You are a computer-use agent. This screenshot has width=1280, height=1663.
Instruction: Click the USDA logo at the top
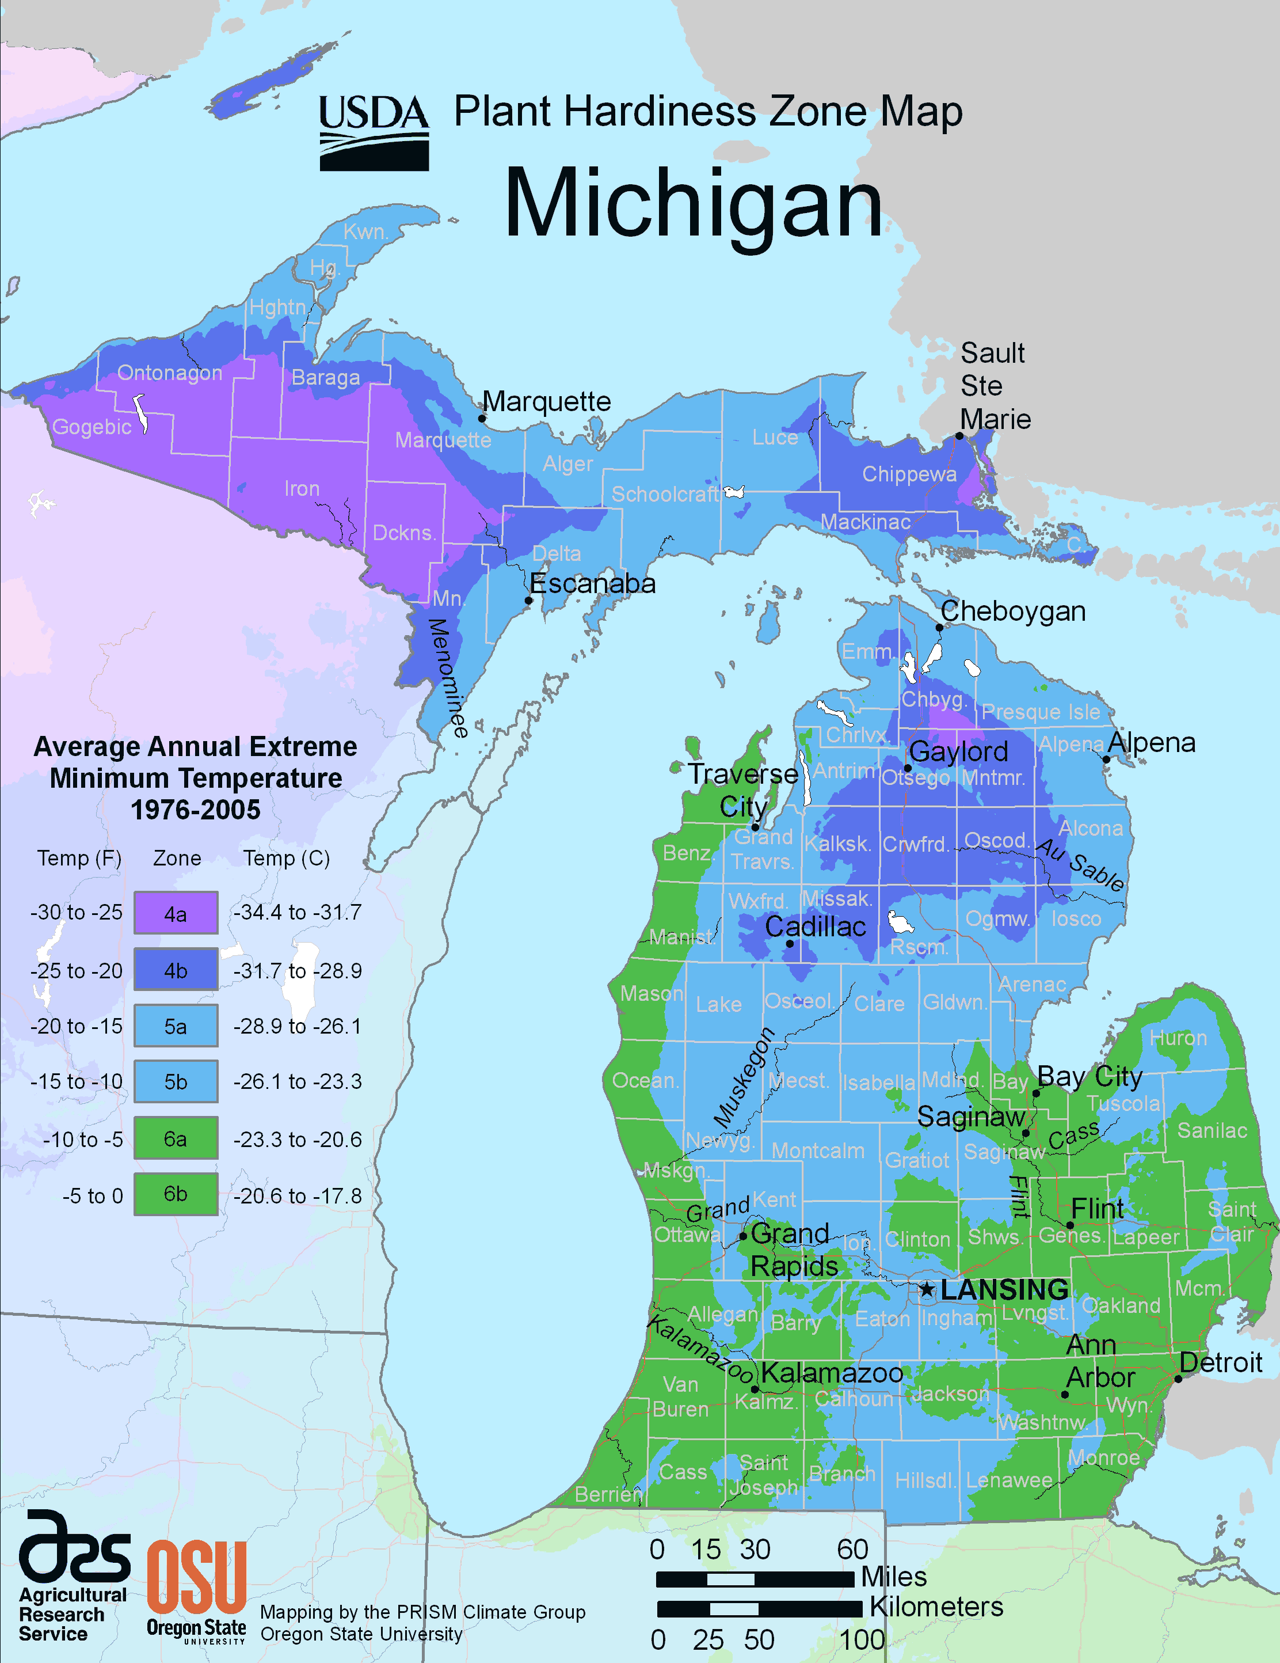coord(374,132)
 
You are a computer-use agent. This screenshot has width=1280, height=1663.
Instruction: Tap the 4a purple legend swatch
coord(176,913)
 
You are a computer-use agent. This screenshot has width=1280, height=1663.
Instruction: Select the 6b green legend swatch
coord(176,1193)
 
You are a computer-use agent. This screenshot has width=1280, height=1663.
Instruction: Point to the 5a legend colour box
coord(176,1026)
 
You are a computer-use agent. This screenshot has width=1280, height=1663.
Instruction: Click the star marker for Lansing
coord(926,1289)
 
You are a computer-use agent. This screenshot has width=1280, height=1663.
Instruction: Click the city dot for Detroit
coord(1177,1379)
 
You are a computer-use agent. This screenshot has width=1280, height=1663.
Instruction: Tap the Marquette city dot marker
coord(482,418)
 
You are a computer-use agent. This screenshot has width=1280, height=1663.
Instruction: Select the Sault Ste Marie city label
coord(995,386)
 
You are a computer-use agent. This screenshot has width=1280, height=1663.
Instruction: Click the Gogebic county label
coord(92,427)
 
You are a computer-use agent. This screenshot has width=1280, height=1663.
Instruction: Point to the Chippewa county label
coord(909,474)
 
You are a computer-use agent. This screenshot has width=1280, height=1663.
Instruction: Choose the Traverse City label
coord(743,789)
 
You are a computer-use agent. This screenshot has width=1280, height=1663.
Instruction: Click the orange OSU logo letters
coord(196,1576)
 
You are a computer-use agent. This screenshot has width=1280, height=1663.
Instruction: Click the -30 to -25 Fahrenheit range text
coord(76,912)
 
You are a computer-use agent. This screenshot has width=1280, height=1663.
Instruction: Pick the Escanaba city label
coord(592,584)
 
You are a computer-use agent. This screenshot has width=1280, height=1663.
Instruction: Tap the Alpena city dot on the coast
coord(1106,759)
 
